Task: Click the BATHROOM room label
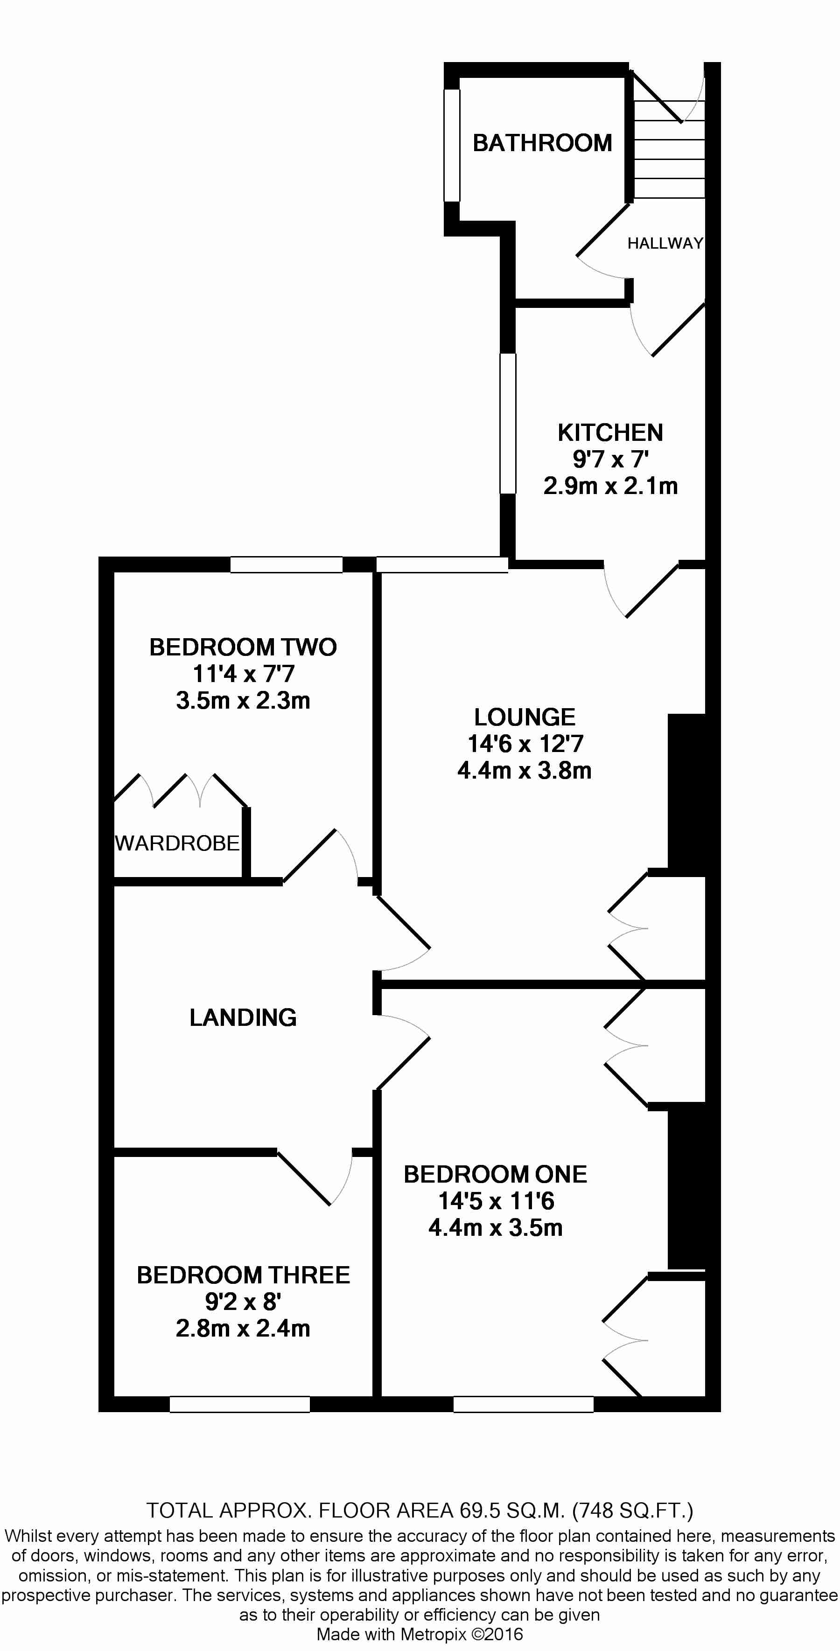click(x=542, y=143)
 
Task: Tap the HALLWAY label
click(x=665, y=244)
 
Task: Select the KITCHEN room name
click(x=610, y=432)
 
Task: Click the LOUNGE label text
click(x=525, y=717)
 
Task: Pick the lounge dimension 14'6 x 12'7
click(x=525, y=744)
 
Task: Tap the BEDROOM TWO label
click(x=243, y=648)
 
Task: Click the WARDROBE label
click(x=177, y=843)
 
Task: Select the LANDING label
click(x=243, y=1018)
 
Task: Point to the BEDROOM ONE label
click(x=495, y=1174)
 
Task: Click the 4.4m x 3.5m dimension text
click(x=495, y=1228)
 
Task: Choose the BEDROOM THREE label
click(x=243, y=1275)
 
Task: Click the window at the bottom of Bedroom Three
click(x=240, y=1404)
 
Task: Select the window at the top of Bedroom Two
click(x=286, y=564)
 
